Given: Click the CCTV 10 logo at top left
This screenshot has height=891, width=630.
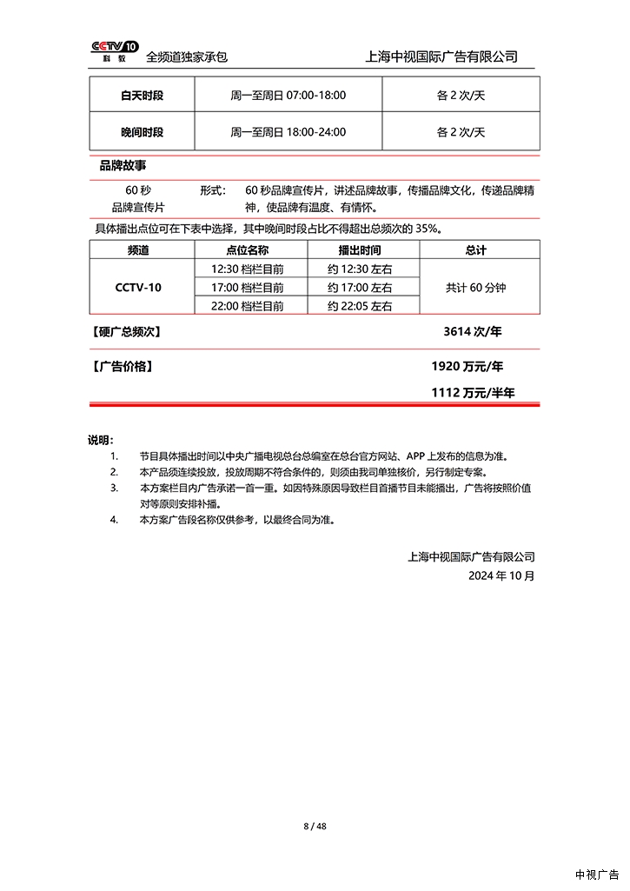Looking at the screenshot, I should [115, 51].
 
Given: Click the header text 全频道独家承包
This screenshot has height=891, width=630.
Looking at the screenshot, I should [187, 57].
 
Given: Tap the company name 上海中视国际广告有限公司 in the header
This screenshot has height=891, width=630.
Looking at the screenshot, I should [442, 57].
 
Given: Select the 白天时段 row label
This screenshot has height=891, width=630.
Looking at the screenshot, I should [142, 95].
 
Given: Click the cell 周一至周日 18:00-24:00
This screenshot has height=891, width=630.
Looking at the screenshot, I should [288, 132].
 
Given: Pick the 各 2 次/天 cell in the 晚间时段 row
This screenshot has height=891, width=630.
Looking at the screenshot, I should [461, 132].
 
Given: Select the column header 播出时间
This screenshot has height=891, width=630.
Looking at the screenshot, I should [359, 250].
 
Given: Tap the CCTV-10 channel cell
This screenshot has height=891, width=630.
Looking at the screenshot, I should [138, 287].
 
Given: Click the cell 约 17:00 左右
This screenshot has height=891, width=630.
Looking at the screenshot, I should [359, 287].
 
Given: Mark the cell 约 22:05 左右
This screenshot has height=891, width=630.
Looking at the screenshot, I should [359, 306].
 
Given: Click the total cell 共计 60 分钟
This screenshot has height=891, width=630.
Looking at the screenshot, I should [475, 287].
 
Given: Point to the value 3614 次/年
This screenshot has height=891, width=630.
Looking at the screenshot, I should [473, 331].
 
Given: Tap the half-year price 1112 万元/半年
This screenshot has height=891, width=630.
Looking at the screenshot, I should [473, 393].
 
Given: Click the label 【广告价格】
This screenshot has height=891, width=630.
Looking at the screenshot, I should [123, 366].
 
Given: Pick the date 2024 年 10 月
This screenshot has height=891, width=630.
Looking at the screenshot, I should [501, 575].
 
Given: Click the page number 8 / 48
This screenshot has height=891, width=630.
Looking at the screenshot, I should [315, 826].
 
